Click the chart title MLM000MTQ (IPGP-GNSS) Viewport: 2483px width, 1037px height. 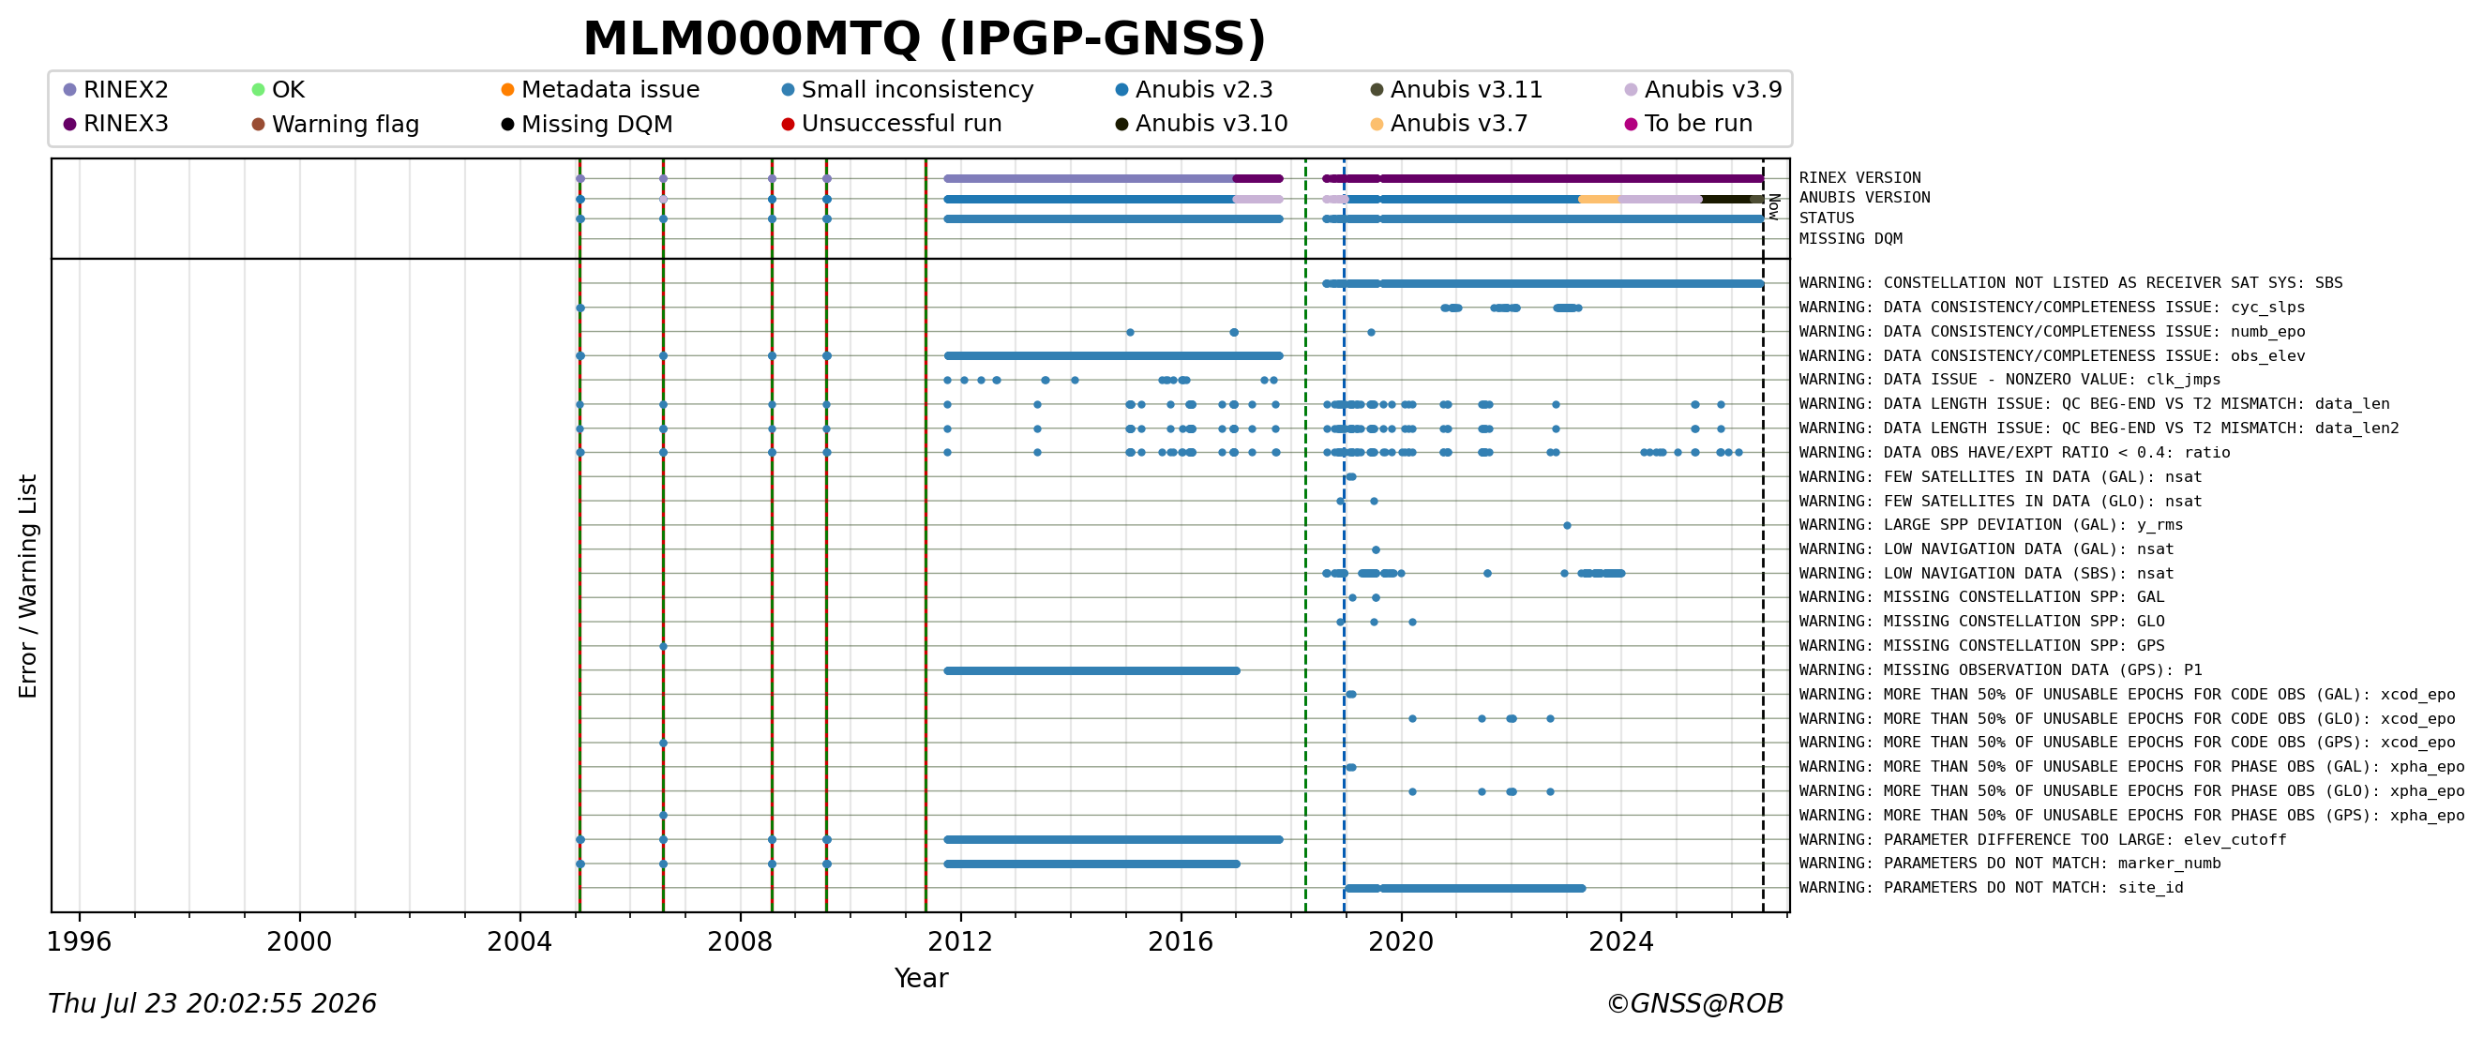click(925, 39)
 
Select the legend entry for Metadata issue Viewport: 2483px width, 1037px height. click(600, 90)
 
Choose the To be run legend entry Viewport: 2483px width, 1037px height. click(1689, 124)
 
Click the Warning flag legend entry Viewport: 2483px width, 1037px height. click(336, 125)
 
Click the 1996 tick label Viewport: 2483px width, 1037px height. click(79, 941)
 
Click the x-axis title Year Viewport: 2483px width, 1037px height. click(921, 978)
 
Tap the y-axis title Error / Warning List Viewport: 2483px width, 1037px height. click(27, 586)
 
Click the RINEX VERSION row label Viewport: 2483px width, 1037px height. click(1859, 178)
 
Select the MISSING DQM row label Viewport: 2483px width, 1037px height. click(1851, 239)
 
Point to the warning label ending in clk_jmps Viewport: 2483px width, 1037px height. click(2009, 380)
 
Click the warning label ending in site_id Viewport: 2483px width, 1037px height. click(1992, 888)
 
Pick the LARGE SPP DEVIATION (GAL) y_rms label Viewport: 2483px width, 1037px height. click(1991, 525)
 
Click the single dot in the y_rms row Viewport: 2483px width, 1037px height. click(1567, 525)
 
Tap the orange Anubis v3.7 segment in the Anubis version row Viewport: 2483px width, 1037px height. click(1599, 200)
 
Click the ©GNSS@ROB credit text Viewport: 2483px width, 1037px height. click(1694, 1004)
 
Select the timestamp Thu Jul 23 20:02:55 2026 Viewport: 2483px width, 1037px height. click(212, 1004)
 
